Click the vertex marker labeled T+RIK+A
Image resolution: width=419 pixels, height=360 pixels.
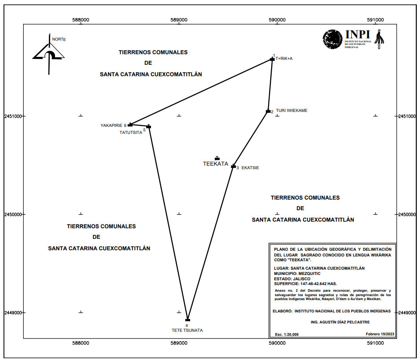pos(272,59)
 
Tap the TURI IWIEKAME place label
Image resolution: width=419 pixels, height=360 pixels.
pos(291,111)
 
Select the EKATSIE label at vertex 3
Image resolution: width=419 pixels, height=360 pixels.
pos(250,168)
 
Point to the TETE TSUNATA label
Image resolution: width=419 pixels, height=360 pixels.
pos(187,330)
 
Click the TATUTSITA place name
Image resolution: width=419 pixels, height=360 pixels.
pos(131,132)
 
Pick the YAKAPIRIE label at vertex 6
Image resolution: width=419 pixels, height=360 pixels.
pos(111,125)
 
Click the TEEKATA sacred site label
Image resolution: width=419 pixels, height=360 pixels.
pos(215,163)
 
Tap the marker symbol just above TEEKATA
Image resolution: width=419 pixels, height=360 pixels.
pos(217,158)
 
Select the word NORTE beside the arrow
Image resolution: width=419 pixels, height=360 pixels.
pos(59,39)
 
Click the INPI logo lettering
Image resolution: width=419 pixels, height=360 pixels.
pos(357,34)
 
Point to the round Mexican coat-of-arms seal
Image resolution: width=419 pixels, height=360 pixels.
pos(332,39)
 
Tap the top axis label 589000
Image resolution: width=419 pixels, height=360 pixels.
pos(179,20)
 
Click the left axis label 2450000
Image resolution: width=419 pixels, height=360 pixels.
pos(13,215)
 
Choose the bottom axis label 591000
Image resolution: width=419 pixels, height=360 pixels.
pos(375,343)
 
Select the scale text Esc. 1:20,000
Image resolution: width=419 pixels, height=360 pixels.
pos(287,334)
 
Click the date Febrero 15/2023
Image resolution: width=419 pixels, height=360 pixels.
pos(380,334)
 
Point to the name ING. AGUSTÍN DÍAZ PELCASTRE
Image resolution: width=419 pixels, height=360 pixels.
pos(340,322)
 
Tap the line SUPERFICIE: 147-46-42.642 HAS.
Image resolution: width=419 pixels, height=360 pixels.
pos(305,283)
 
